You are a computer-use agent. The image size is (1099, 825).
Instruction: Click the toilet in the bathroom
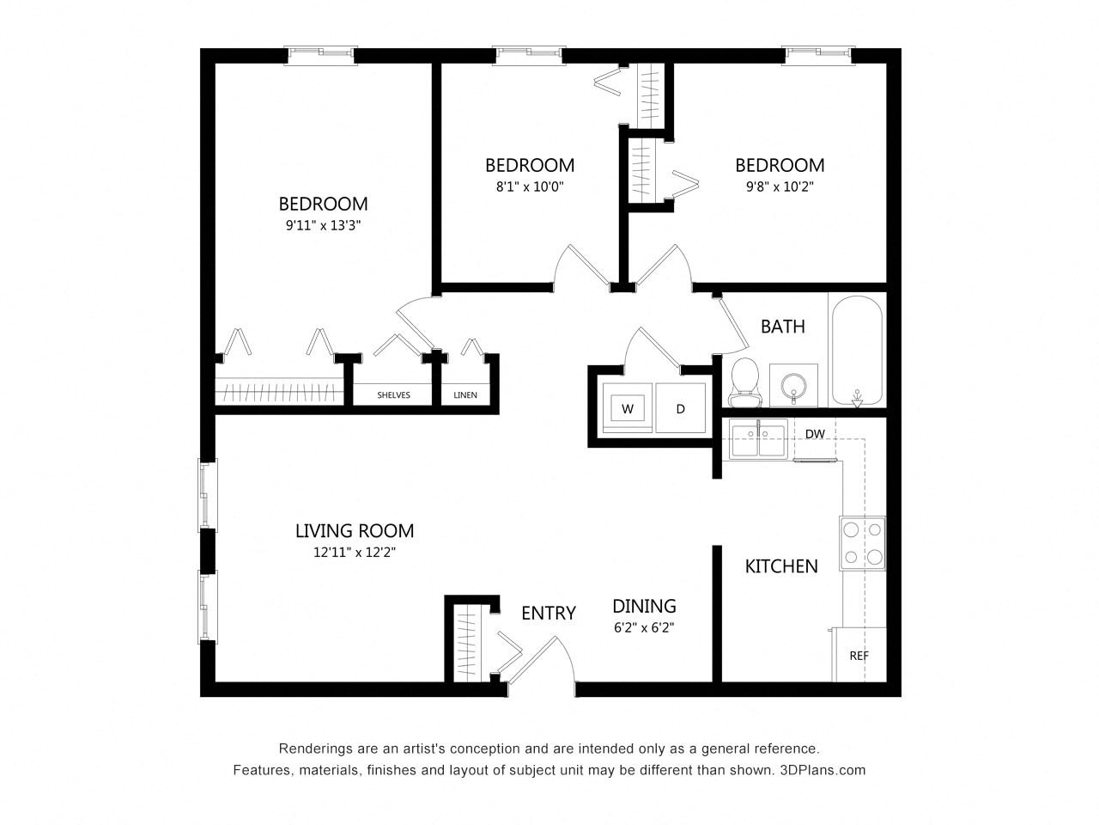tap(744, 382)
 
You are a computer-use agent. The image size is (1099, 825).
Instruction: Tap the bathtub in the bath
tap(856, 351)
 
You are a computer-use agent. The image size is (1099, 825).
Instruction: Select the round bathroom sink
tap(793, 384)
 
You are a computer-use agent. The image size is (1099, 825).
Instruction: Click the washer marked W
tap(628, 409)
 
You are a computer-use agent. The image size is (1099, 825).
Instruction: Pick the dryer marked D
tap(681, 409)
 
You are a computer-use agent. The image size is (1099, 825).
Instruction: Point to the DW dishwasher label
tap(815, 434)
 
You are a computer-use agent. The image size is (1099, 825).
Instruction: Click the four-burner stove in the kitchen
tap(862, 543)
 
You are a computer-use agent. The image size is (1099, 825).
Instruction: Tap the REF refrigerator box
tap(859, 655)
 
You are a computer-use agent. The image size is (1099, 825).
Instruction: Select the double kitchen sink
tap(757, 439)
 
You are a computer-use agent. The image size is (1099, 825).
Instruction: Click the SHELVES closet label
tap(393, 395)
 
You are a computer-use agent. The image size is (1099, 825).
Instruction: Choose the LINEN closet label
tap(465, 395)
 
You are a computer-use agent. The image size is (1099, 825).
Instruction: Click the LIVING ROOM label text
tap(355, 531)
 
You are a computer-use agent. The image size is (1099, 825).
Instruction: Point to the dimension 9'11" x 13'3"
tap(323, 226)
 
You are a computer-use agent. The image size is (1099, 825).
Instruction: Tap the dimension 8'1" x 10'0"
tap(530, 186)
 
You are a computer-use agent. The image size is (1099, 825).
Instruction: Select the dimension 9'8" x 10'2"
tap(780, 186)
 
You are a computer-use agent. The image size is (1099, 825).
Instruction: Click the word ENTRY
tap(548, 613)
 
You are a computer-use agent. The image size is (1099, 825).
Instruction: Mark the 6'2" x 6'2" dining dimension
tap(644, 627)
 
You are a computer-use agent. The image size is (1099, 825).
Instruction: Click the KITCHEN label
tap(780, 566)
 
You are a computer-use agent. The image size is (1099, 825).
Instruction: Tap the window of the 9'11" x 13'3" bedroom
tap(320, 54)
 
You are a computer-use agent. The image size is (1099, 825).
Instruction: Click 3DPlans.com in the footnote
tap(823, 770)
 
